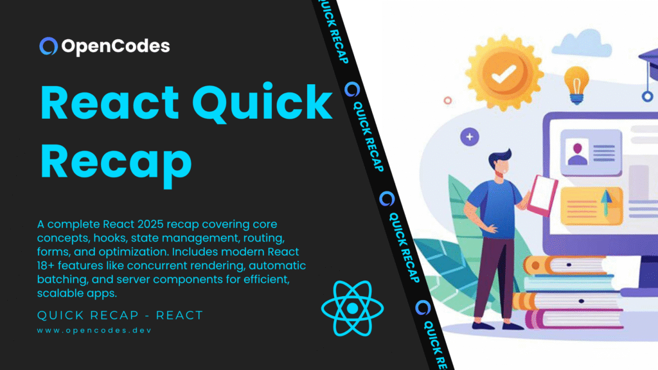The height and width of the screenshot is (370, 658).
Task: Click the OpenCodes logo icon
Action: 49,46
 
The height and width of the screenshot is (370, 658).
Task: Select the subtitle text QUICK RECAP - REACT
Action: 120,315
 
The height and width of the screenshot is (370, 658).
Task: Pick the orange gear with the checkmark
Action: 504,76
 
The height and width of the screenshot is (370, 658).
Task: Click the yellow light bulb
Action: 576,84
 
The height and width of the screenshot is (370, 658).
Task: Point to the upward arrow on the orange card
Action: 605,204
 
